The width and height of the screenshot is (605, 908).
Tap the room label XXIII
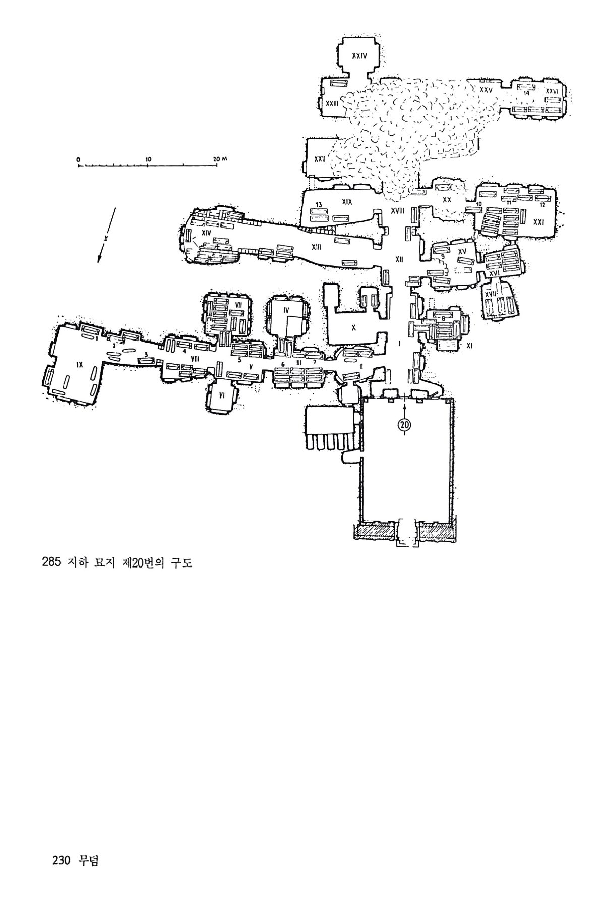pyautogui.click(x=332, y=103)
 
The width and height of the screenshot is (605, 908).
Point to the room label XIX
pyautogui.click(x=346, y=202)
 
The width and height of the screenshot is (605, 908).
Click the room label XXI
pyautogui.click(x=538, y=221)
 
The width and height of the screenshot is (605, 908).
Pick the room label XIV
pyautogui.click(x=206, y=233)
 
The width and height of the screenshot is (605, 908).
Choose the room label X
pyautogui.click(x=353, y=327)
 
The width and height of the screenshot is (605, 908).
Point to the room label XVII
pyautogui.click(x=490, y=294)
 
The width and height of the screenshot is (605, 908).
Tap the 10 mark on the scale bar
pyautogui.click(x=148, y=159)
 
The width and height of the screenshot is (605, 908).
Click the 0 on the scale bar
pyautogui.click(x=79, y=159)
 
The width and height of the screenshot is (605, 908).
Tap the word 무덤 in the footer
pyautogui.click(x=89, y=860)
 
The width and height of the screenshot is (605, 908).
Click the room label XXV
pyautogui.click(x=485, y=90)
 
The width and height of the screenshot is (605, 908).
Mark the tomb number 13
pyautogui.click(x=319, y=204)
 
